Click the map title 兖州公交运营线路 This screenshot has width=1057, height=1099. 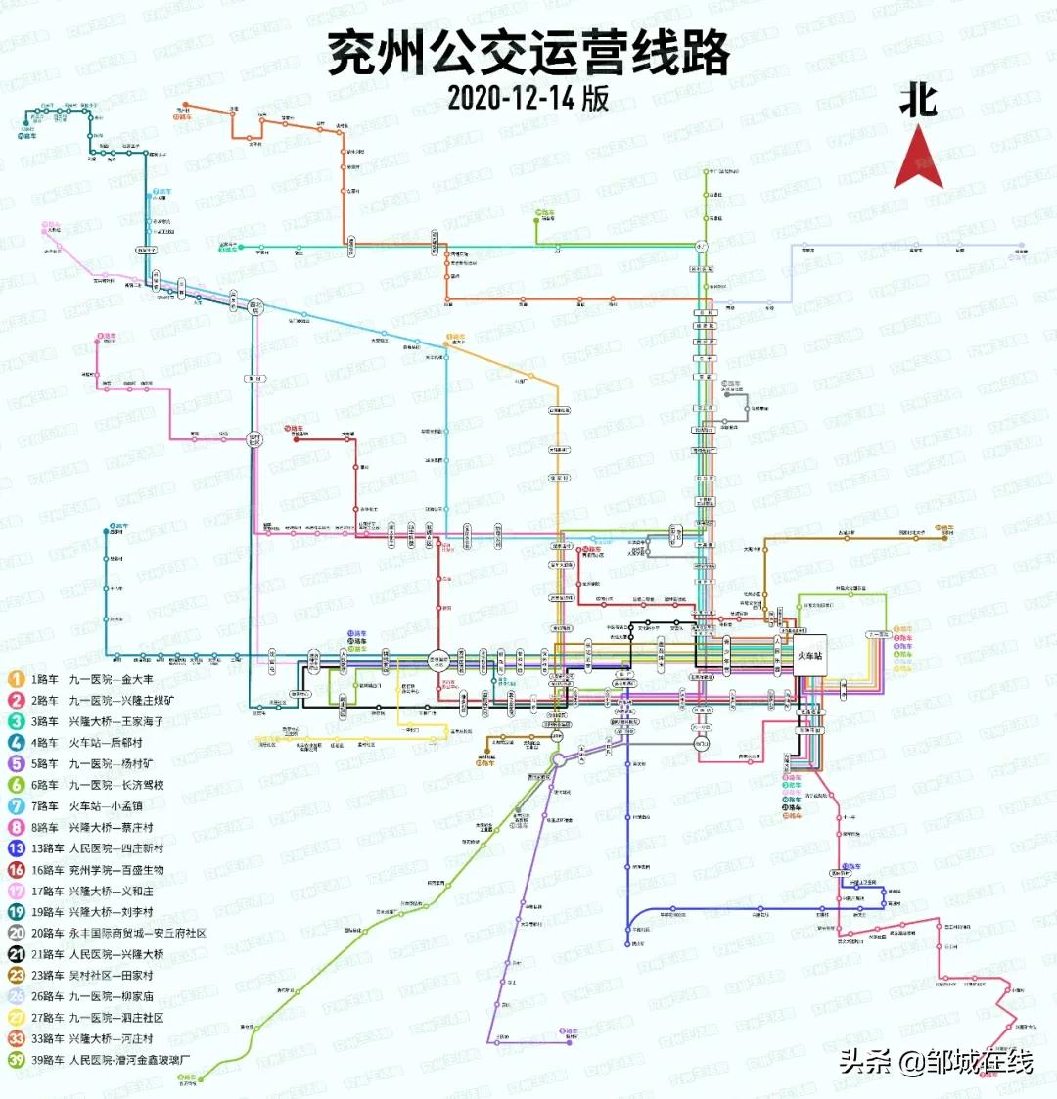528,53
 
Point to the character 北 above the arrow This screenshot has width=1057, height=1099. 918,101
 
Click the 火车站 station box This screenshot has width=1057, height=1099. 812,656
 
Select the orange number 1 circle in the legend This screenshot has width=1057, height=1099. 16,679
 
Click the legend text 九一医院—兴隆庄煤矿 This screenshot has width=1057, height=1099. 121,701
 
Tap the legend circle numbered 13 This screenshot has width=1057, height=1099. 16,848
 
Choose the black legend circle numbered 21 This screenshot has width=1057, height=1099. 16,954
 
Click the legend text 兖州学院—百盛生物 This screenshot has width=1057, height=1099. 115,870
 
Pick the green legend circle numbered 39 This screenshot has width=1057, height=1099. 16,1060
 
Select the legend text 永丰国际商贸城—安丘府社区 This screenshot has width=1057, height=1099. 137,934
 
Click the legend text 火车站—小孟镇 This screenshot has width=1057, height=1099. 106,806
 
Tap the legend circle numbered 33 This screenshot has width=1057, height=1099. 16,1038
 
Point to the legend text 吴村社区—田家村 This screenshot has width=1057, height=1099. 111,976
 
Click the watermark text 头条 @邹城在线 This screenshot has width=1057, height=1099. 936,1062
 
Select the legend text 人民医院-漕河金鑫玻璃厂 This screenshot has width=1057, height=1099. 129,1060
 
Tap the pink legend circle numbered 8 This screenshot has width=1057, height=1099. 16,828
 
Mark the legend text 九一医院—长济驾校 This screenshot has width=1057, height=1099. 115,785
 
